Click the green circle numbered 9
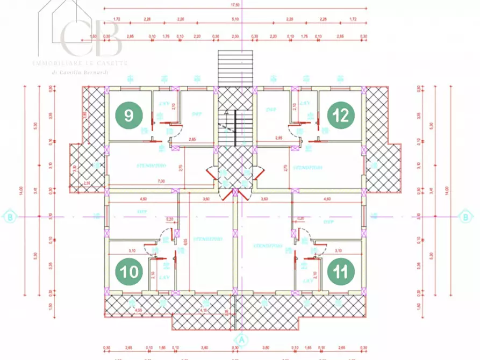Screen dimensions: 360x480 click(130, 115)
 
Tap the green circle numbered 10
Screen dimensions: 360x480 click(130, 272)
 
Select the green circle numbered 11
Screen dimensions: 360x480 click(341, 272)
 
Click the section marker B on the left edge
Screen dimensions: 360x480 click(10, 217)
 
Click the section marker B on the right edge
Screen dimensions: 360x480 click(465, 217)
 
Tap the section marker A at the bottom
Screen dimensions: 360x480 click(241, 339)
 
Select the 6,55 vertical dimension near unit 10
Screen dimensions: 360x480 click(184, 242)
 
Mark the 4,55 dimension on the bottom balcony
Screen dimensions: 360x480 click(138, 310)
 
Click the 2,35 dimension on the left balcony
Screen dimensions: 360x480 click(87, 183)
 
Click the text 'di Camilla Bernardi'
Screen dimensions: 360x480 click(81, 72)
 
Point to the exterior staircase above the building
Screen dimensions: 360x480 click(235, 67)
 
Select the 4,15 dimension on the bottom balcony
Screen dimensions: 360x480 click(204, 310)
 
